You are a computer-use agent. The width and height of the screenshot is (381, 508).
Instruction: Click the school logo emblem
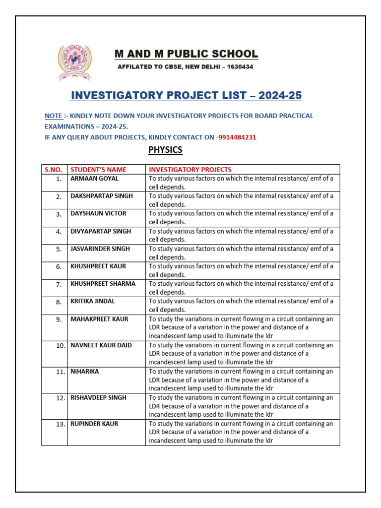coord(74,62)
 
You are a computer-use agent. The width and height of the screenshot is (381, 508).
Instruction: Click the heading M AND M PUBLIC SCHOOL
coord(186,54)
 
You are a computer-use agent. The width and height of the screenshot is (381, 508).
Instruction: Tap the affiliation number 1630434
coord(240,67)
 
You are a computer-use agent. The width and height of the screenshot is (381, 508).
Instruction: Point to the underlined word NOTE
coord(53,116)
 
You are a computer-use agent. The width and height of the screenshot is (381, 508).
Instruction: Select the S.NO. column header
coord(54,170)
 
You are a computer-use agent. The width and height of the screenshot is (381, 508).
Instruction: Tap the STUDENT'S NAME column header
coord(98,170)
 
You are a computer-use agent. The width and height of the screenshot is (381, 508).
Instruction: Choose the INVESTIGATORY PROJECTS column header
coord(190,170)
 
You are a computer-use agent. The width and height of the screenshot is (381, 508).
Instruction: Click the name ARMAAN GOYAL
coord(94,178)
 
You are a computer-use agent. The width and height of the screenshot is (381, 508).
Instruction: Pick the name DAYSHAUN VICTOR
coord(98,213)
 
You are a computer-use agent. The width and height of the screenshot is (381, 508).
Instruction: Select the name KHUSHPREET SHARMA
coord(103,283)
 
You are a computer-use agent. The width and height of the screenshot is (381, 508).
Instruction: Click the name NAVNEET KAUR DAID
coord(101,345)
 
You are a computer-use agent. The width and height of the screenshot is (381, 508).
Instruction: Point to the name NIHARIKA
coord(84,371)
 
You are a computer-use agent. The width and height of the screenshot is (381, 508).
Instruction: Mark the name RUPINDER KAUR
coord(94,424)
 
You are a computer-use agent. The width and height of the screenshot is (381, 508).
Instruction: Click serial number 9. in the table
coord(59,319)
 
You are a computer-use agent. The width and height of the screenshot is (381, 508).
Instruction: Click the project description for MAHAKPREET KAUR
coord(242,327)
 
